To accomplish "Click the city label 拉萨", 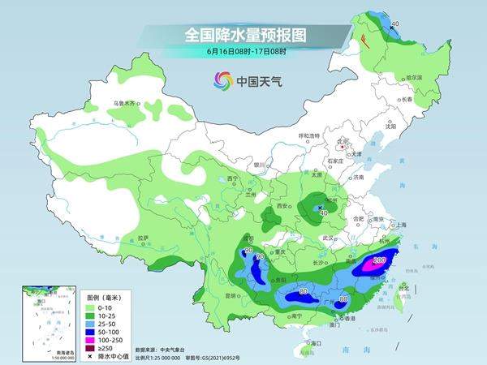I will point(143,238).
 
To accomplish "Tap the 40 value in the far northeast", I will point(395,25).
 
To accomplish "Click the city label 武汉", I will point(328,238).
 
